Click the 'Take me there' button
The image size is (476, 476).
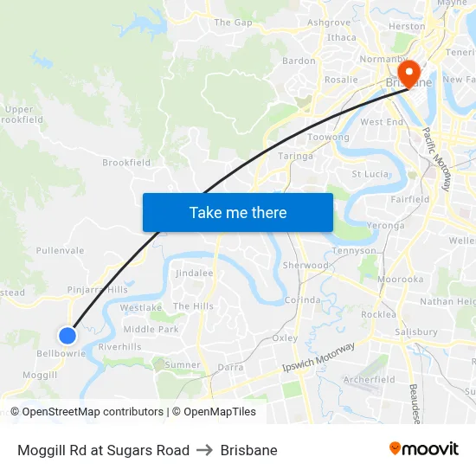(x=237, y=212)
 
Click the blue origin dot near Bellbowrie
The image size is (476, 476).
(x=68, y=335)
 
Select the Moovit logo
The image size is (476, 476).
(x=423, y=448)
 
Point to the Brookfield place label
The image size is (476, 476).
(x=126, y=162)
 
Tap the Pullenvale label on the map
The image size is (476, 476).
(x=60, y=250)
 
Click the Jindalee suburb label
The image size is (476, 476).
(x=194, y=273)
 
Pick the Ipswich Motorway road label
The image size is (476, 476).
(x=318, y=357)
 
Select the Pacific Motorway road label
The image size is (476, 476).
(x=436, y=160)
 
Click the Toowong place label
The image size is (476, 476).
(x=329, y=138)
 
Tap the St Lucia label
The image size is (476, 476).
(x=369, y=174)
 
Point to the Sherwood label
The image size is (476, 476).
(x=306, y=265)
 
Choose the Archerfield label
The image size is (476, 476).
(x=369, y=379)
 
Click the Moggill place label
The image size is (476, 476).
(x=41, y=374)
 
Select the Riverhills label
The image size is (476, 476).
(x=119, y=346)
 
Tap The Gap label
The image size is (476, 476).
(x=233, y=23)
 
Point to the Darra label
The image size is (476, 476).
(x=230, y=367)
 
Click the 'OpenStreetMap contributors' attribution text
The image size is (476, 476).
(x=89, y=412)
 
